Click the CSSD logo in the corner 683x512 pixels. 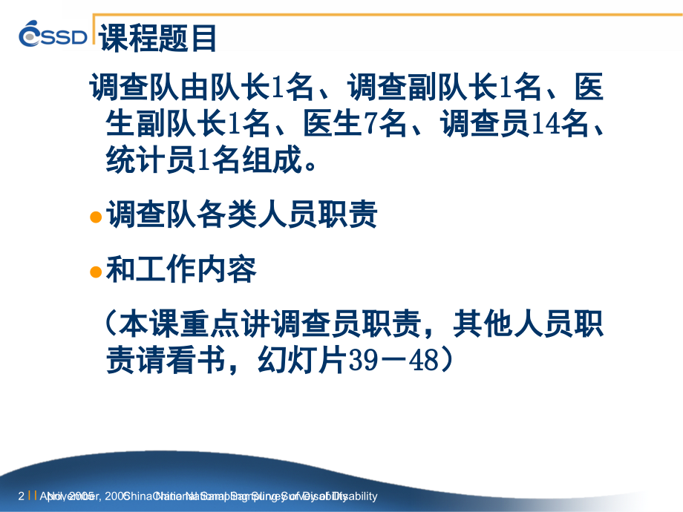[53, 35]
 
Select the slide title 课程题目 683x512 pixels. [158, 38]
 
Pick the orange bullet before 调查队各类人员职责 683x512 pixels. [95, 217]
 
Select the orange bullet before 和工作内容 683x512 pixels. [95, 272]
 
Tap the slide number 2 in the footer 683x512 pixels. [21, 496]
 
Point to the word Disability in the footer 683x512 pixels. [356, 496]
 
